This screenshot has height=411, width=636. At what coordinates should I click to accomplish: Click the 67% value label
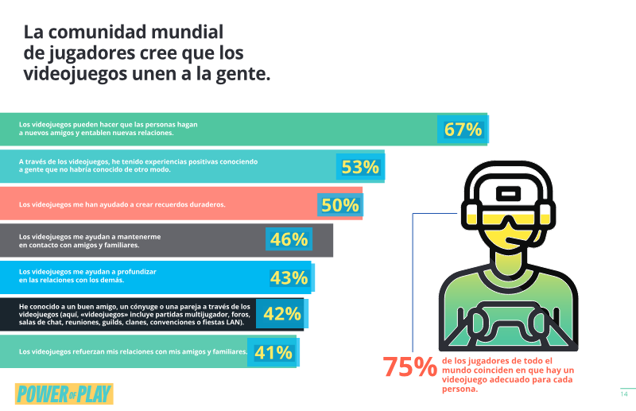pyautogui.click(x=463, y=130)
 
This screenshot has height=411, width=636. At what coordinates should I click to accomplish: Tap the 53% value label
pyautogui.click(x=360, y=167)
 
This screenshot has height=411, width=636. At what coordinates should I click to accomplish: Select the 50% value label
pyautogui.click(x=340, y=205)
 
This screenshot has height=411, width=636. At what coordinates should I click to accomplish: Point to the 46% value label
pyautogui.click(x=289, y=239)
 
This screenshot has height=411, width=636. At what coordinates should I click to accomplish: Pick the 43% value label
pyautogui.click(x=289, y=278)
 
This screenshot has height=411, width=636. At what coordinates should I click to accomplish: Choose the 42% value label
pyautogui.click(x=282, y=314)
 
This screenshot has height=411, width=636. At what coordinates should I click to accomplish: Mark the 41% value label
pyautogui.click(x=273, y=353)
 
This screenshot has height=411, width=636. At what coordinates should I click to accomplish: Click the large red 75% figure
pyautogui.click(x=409, y=366)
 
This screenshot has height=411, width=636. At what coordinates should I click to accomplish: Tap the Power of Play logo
pyautogui.click(x=64, y=394)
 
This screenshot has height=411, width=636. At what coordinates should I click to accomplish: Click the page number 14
pyautogui.click(x=624, y=394)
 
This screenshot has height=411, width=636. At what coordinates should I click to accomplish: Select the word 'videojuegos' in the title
pyautogui.click(x=75, y=74)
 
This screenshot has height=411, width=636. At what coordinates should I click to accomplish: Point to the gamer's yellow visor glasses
pyautogui.click(x=509, y=219)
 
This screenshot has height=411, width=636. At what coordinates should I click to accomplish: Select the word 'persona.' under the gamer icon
pyautogui.click(x=460, y=389)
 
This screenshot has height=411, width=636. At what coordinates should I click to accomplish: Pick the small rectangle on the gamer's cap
pyautogui.click(x=508, y=193)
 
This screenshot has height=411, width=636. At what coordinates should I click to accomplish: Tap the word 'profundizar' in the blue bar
pyautogui.click(x=137, y=272)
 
